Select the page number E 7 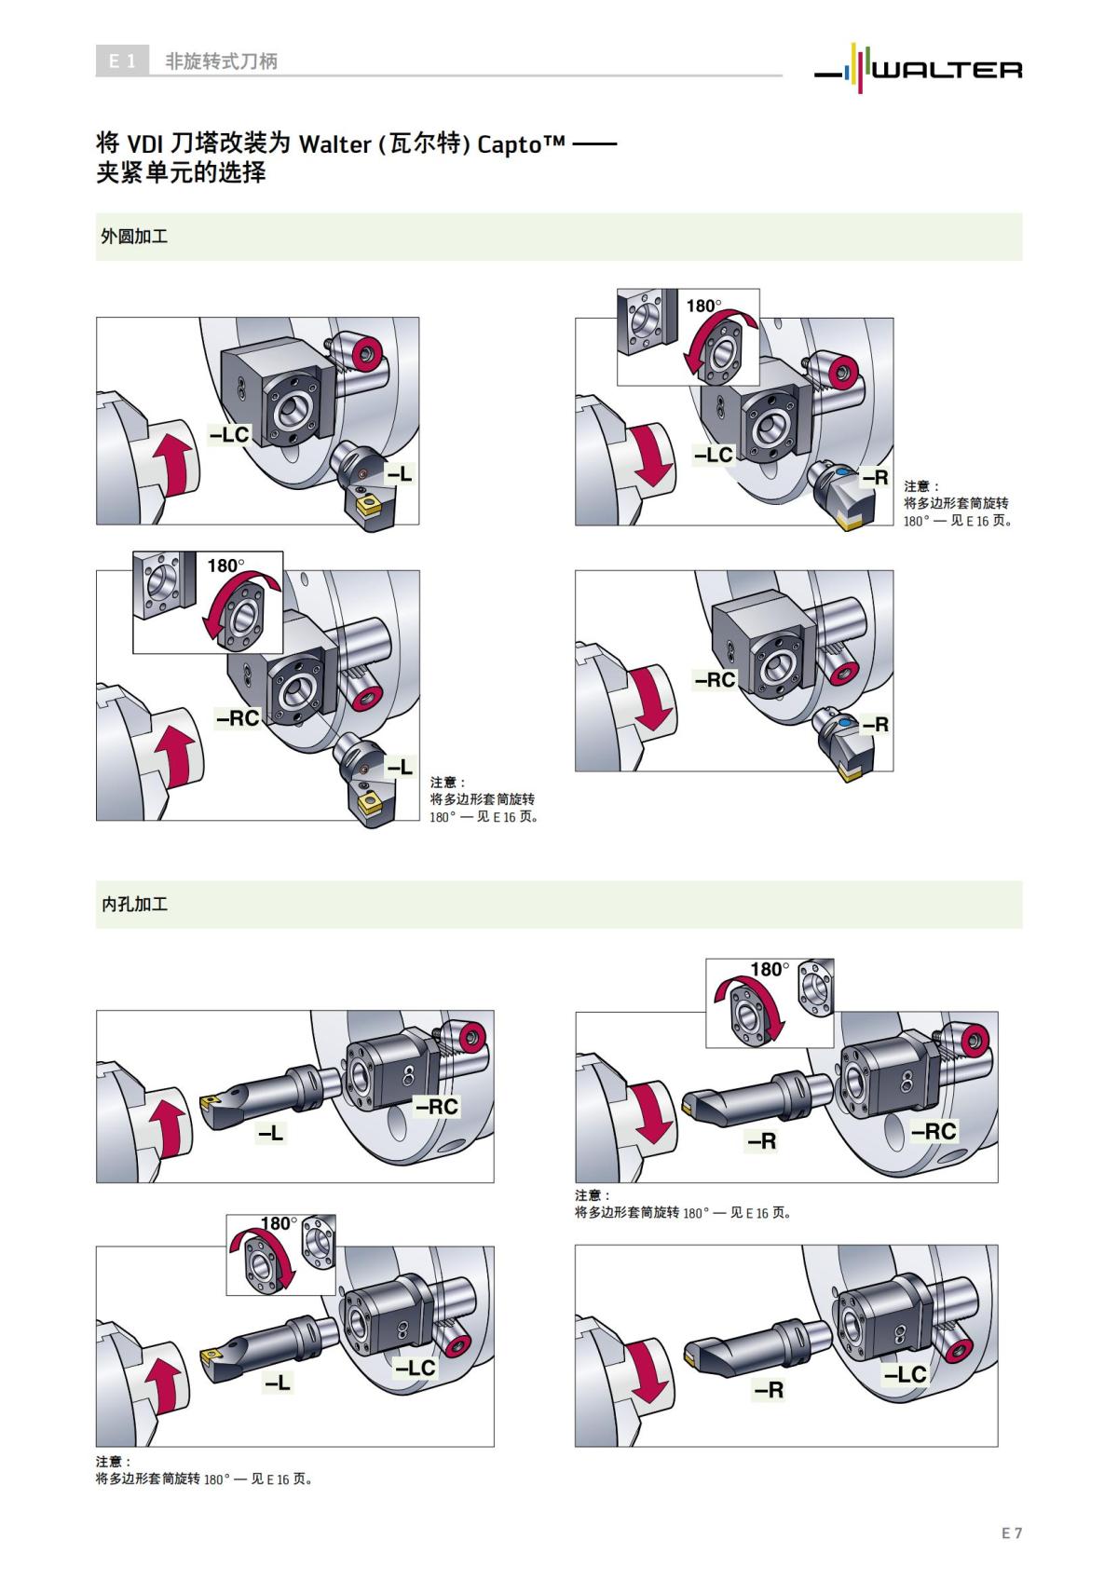(1012, 1533)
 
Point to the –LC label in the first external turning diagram (229, 434)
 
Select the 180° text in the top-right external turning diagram (703, 306)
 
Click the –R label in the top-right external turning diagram (875, 478)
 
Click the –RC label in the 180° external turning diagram (238, 718)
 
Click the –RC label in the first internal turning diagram (437, 1107)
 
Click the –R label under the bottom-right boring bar (769, 1390)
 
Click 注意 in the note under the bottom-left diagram (113, 1462)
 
